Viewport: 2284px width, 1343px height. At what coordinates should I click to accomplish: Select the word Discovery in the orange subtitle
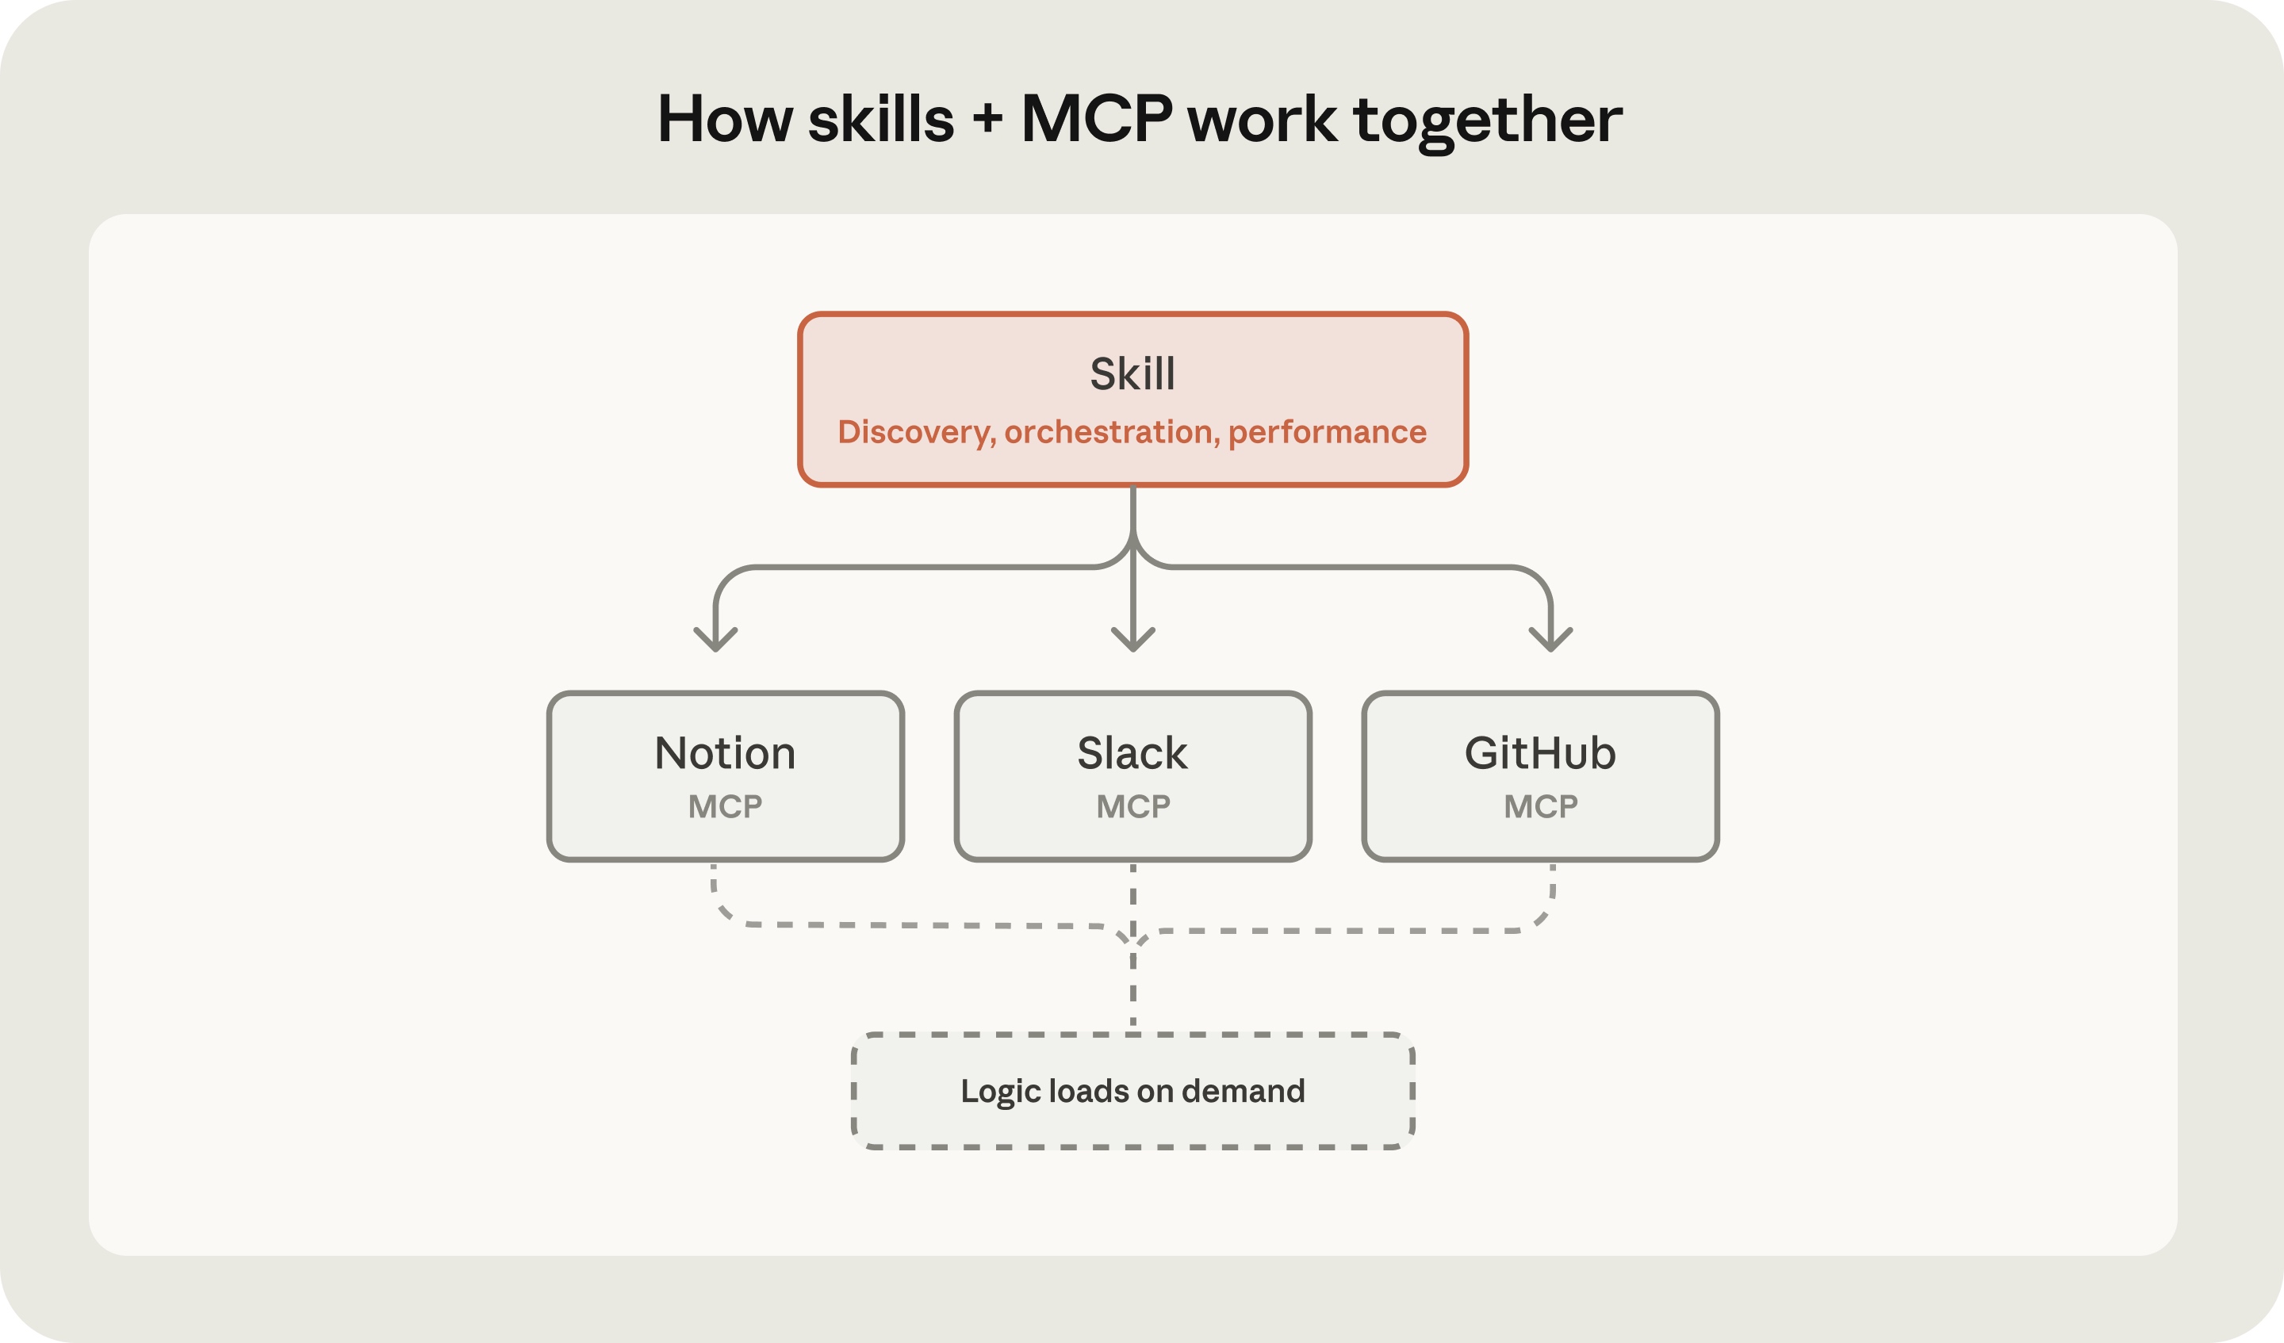click(x=916, y=432)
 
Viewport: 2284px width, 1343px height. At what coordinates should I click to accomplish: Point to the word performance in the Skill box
click(x=1327, y=432)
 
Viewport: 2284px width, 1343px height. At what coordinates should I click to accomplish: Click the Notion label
click(x=725, y=753)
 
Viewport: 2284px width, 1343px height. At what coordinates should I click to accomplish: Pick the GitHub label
click(x=1540, y=753)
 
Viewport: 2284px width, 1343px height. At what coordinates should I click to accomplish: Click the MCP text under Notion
click(x=725, y=805)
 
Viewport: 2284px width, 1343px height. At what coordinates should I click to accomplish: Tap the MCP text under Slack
click(x=1133, y=805)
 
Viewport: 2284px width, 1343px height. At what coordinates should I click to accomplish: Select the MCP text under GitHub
click(x=1541, y=805)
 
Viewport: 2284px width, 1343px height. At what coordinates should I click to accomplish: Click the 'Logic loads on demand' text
click(x=1133, y=1091)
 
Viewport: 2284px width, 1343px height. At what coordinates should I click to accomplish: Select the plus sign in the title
click(x=988, y=119)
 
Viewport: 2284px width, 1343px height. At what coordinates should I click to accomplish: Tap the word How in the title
click(x=725, y=119)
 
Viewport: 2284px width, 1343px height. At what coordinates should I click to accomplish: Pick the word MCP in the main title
click(x=1097, y=119)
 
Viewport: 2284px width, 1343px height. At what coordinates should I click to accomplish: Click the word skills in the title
click(x=881, y=119)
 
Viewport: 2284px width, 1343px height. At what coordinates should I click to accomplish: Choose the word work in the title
click(x=1262, y=119)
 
